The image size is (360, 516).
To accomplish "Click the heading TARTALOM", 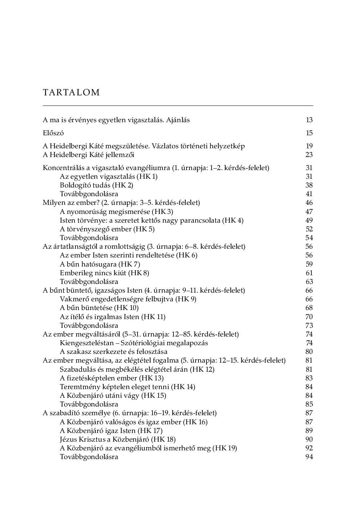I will coord(71,92).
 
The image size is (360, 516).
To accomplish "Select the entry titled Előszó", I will coord(53,133).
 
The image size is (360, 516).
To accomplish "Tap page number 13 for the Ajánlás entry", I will coord(309,120).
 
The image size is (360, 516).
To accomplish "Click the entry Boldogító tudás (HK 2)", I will coord(97,185).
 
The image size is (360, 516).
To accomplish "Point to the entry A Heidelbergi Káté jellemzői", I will coord(89,155).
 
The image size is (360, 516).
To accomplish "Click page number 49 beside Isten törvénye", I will coord(309,220).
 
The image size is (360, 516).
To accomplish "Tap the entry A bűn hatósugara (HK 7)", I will coord(100,264).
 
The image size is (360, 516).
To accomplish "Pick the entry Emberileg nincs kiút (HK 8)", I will coord(105,273).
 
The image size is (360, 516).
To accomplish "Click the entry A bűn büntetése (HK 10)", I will coord(99,308).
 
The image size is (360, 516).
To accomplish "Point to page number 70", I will coord(309,317).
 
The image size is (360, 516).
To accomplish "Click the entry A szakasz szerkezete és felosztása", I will coord(114,352).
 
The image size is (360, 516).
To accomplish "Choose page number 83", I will coord(309,378).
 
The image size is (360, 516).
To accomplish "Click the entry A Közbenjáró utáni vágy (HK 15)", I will coord(113,396).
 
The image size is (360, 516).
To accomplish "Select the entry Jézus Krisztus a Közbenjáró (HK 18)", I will coord(118,439).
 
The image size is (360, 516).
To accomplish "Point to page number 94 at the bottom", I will coord(309,457).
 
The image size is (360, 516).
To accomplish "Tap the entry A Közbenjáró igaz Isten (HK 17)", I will coord(111,431).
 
